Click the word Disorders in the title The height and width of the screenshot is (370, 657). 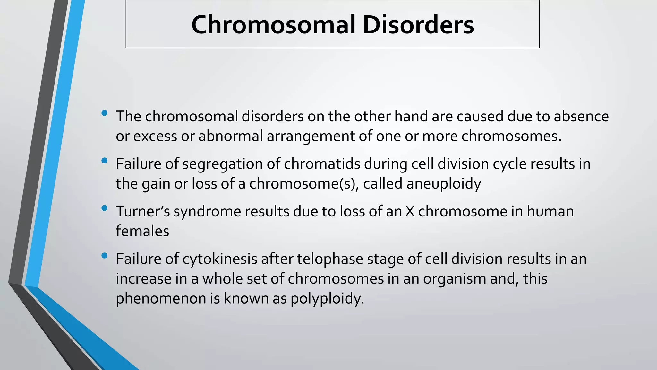(x=418, y=25)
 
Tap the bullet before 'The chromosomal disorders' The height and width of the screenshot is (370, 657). (x=104, y=113)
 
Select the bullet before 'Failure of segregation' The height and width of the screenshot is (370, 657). (x=104, y=161)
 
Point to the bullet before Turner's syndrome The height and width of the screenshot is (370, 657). (x=104, y=208)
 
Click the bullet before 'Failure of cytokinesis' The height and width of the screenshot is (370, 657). (x=104, y=256)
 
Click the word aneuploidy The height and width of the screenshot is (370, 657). (x=444, y=184)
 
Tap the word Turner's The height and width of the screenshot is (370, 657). (x=142, y=212)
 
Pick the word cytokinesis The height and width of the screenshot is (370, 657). (x=220, y=259)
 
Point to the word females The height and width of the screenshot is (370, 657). (x=142, y=231)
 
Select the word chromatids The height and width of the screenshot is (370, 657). (x=322, y=164)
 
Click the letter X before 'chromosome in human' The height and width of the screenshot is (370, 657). (x=410, y=212)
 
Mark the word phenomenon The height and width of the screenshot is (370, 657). (x=161, y=299)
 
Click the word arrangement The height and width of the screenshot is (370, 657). (x=311, y=136)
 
